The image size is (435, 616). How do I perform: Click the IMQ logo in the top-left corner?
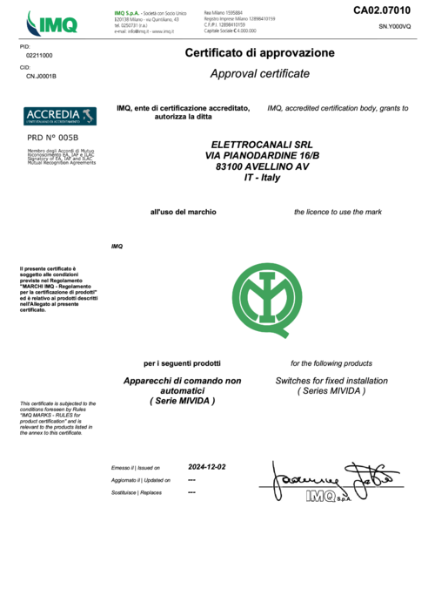click(52, 22)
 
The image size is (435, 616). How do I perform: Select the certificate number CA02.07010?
click(380, 10)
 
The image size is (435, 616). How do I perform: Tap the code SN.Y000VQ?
click(394, 27)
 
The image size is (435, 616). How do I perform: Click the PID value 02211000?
click(39, 55)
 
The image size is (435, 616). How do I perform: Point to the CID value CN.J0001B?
click(42, 77)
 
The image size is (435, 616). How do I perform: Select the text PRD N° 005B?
click(53, 137)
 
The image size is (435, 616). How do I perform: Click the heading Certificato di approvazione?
click(259, 53)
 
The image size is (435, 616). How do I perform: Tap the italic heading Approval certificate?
click(259, 74)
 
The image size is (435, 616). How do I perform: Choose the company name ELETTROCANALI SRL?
click(261, 144)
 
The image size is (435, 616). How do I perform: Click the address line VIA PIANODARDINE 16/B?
click(261, 155)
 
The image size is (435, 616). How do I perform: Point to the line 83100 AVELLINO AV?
click(261, 166)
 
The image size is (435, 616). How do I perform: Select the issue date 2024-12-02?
click(207, 467)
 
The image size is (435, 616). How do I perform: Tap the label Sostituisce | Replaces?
click(137, 492)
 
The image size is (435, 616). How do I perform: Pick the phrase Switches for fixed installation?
click(331, 382)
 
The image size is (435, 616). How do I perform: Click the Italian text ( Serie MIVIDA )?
click(182, 401)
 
